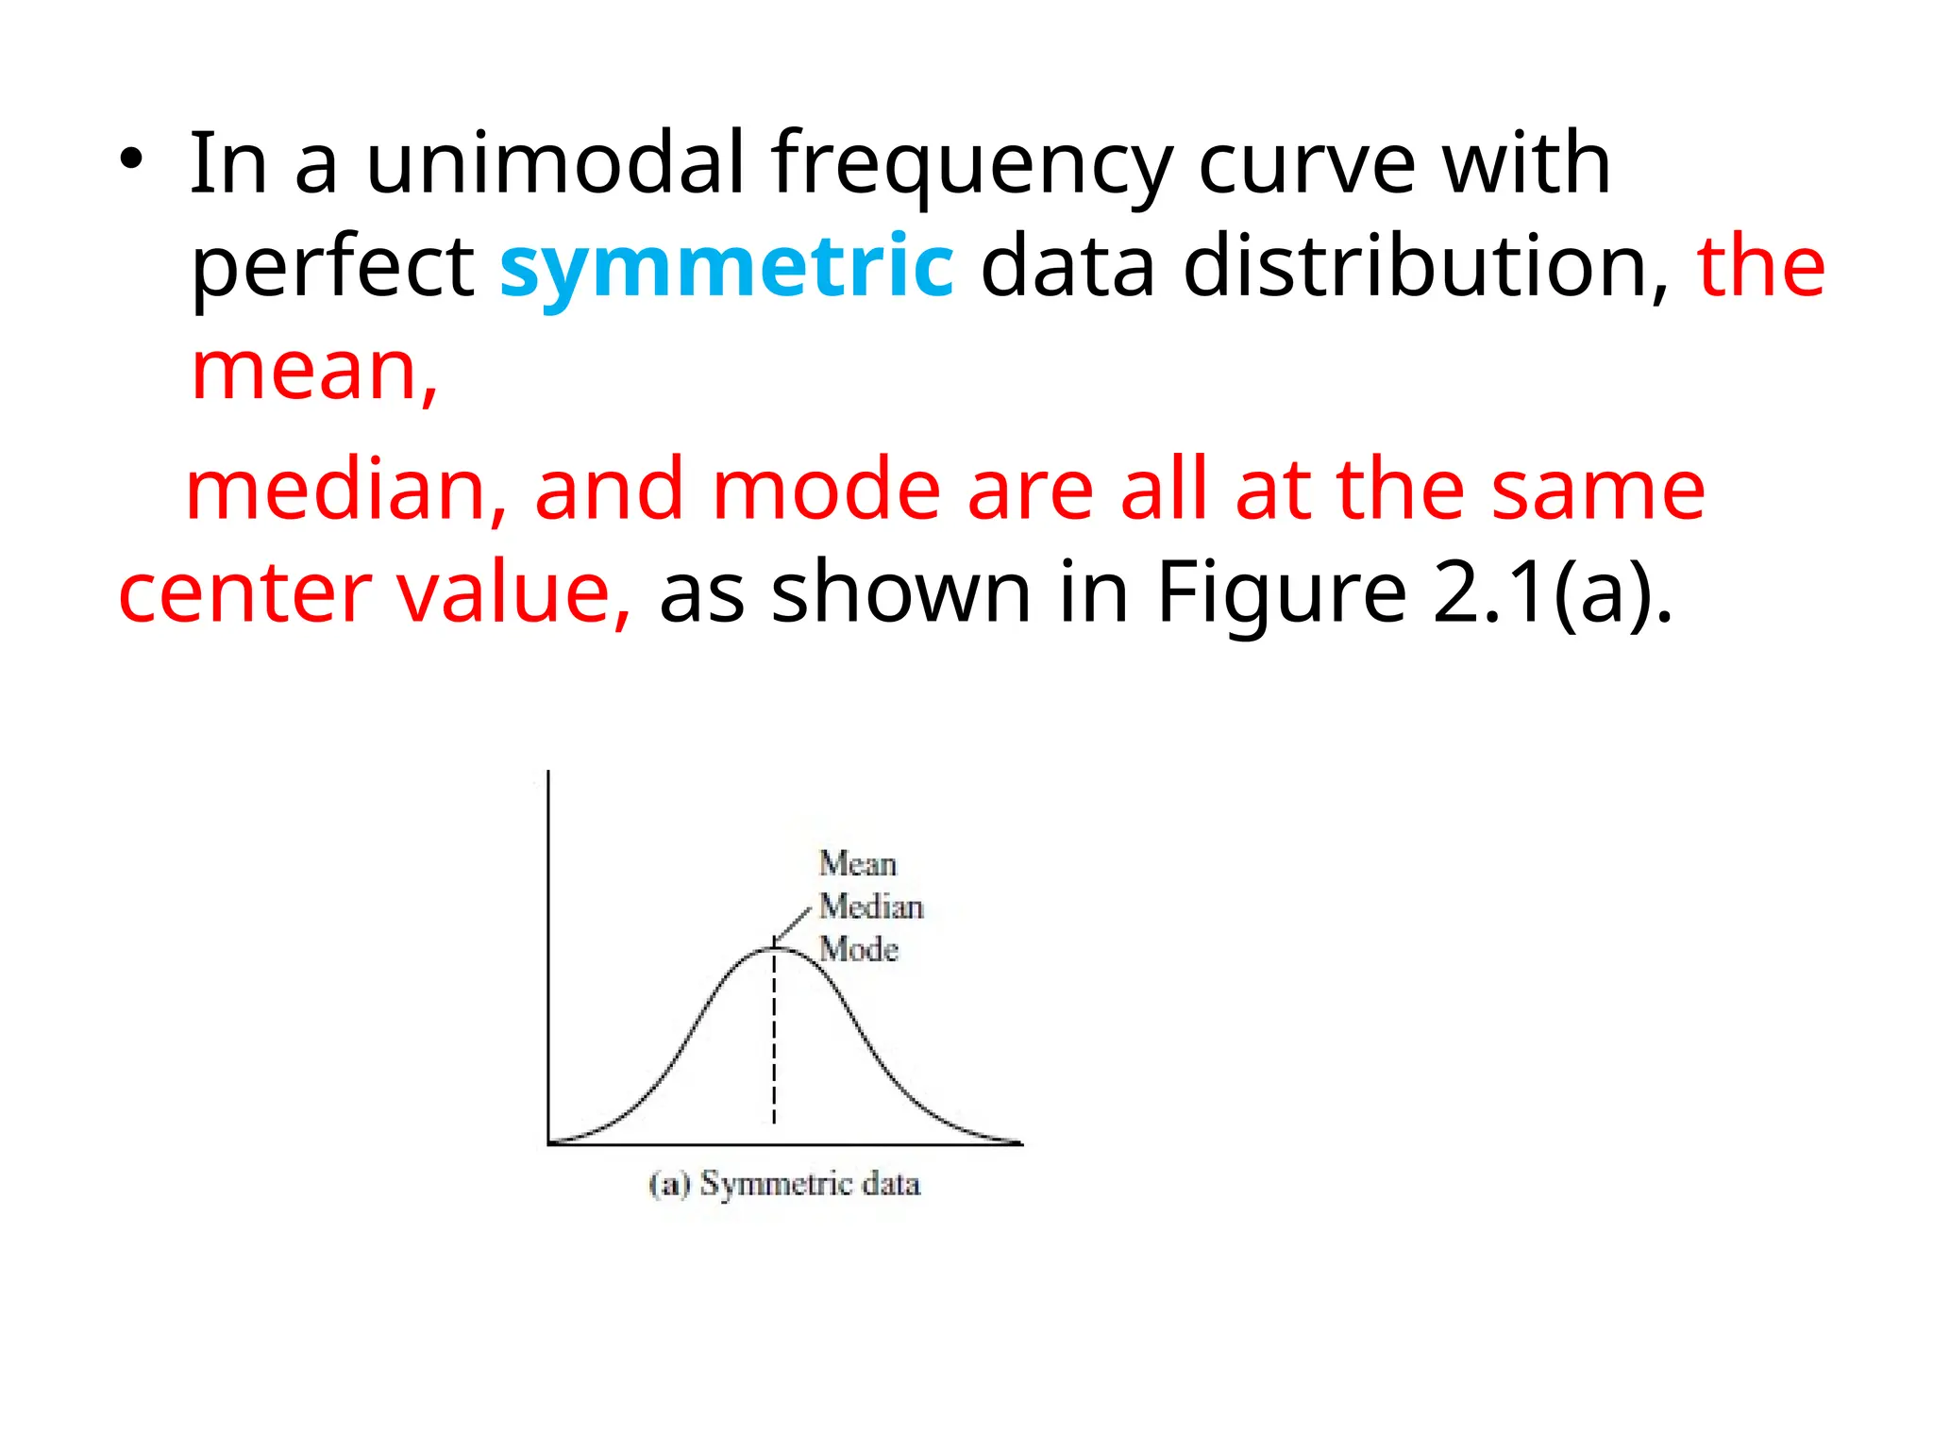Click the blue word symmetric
pos(726,266)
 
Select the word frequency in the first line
pos(972,165)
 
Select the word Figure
pos(1282,594)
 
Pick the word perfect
pos(332,268)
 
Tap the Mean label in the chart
pos(857,863)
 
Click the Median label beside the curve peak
pos(870,907)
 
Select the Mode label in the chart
pos(858,949)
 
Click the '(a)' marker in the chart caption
pos(670,1184)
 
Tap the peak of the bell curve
pos(774,948)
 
